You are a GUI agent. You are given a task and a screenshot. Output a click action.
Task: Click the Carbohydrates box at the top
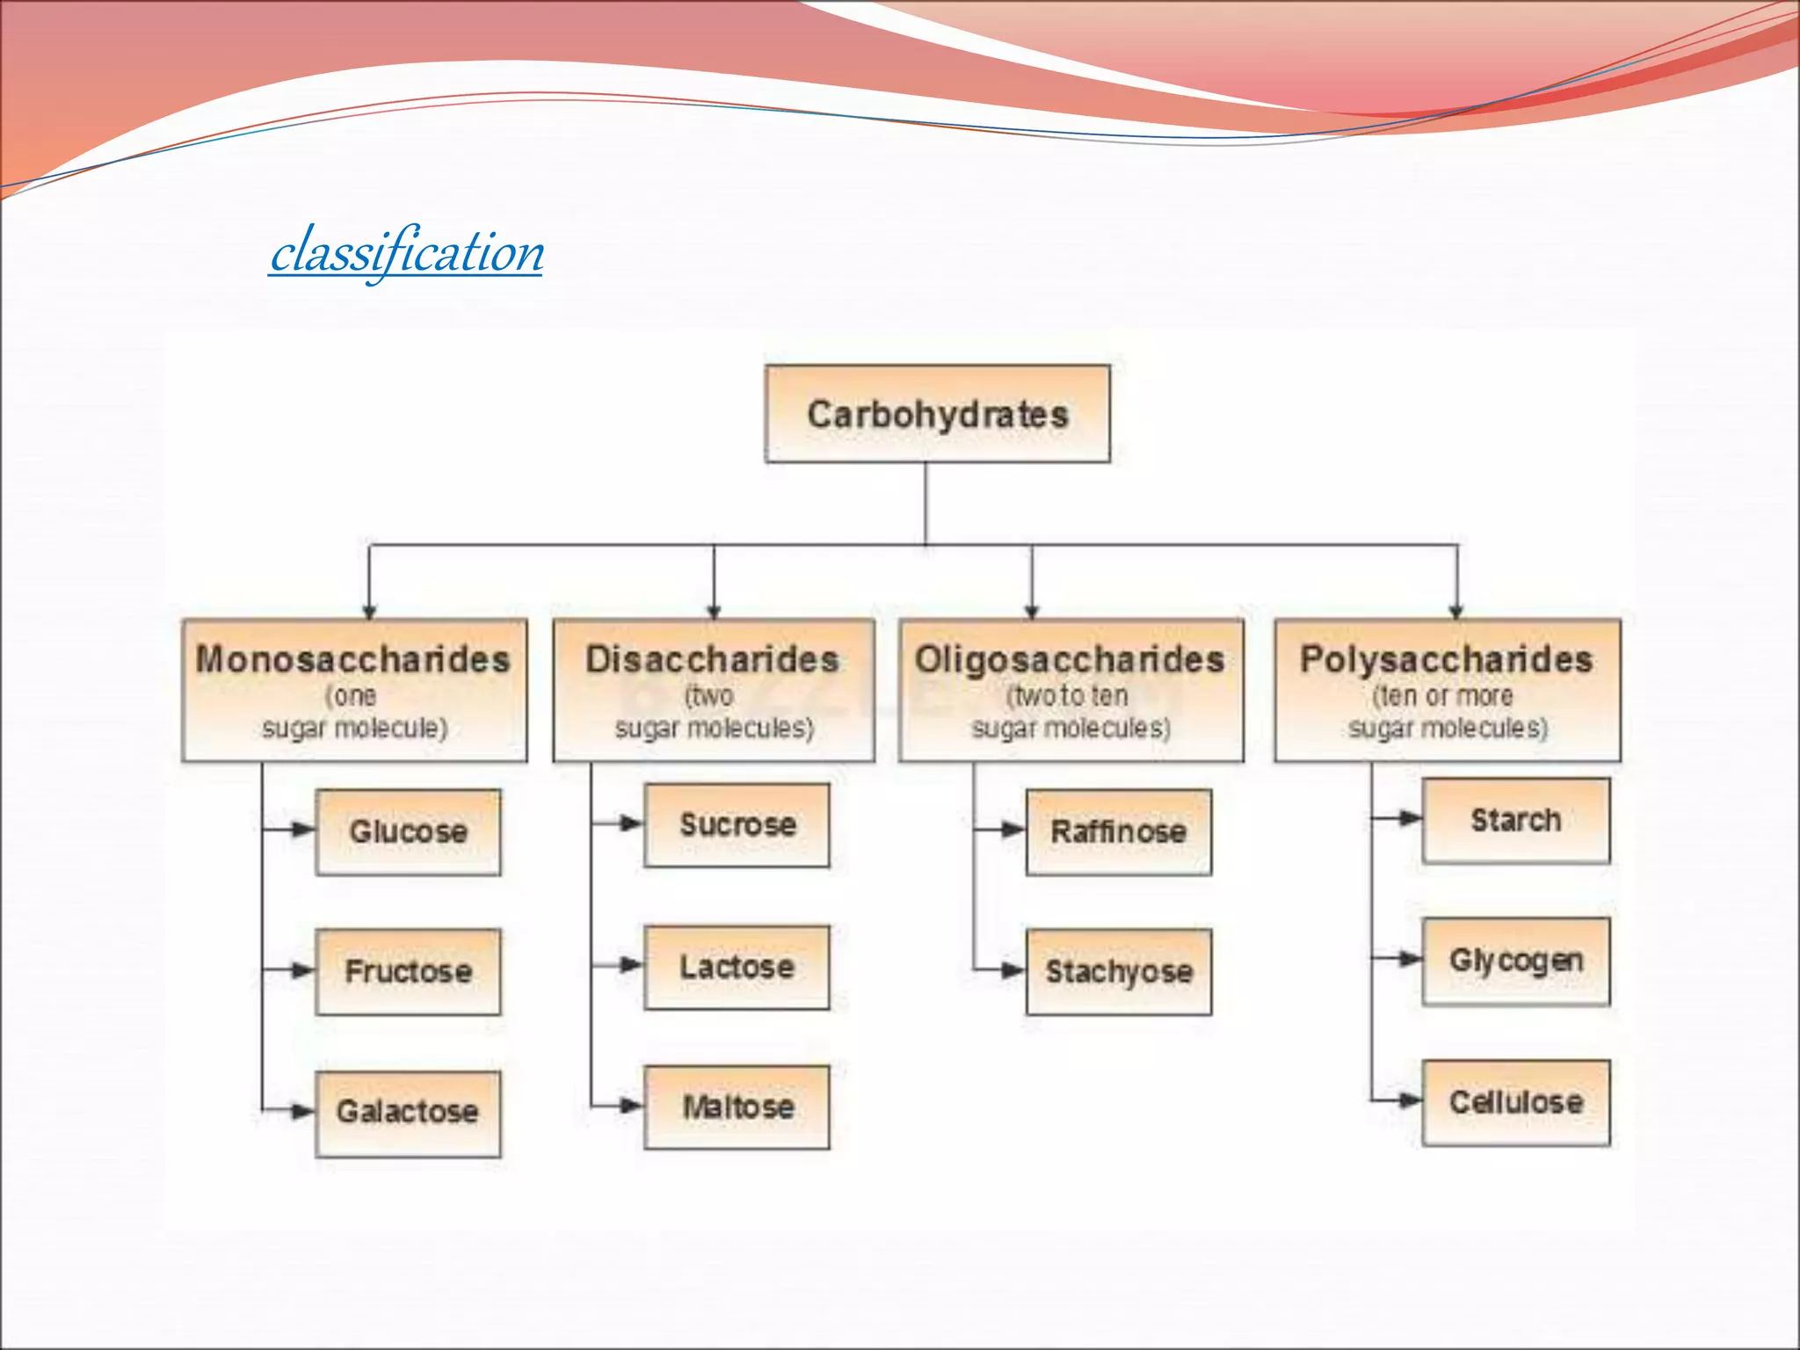click(937, 414)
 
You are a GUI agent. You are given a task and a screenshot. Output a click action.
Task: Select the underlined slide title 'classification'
click(407, 251)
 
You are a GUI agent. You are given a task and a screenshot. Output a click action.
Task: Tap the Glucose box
click(408, 831)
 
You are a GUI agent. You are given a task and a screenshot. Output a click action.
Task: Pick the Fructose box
click(408, 971)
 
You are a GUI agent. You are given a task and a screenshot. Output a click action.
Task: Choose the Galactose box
click(408, 1112)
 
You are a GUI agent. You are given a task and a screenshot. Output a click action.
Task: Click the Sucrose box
click(737, 825)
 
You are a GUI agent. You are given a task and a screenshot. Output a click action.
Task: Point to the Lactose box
click(737, 967)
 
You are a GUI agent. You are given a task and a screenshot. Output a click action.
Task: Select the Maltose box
click(737, 1107)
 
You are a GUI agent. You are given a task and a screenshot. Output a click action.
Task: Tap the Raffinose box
click(1118, 831)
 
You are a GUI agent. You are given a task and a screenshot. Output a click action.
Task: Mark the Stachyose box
click(1118, 971)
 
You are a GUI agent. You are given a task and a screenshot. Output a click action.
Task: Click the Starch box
click(1515, 820)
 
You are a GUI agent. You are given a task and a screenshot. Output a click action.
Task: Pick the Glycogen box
click(1515, 961)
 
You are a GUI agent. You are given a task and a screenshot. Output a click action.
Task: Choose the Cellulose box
click(1515, 1101)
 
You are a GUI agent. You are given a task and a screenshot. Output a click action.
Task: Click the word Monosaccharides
click(352, 659)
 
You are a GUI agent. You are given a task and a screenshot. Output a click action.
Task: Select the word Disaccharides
click(712, 659)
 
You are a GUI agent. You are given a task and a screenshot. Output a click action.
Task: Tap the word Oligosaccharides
click(1070, 659)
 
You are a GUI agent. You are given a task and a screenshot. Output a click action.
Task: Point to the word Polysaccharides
click(1446, 659)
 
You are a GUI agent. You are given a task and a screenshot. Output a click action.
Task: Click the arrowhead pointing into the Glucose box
click(303, 829)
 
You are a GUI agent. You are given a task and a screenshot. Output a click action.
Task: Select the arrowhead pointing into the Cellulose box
click(1410, 1100)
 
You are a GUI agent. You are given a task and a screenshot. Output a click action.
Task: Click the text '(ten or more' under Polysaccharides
click(1442, 696)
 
